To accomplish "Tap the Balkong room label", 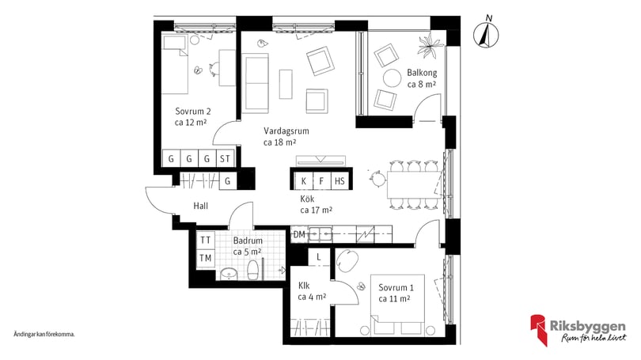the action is (422, 73).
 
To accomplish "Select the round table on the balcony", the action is (392, 78).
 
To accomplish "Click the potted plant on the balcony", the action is (430, 45).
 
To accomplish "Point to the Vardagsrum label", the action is (286, 131).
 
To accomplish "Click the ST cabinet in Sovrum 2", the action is (225, 158).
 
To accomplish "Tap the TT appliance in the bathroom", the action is (206, 240).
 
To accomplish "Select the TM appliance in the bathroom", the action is (206, 258).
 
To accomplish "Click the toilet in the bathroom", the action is (253, 270).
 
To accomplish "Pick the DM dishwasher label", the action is (300, 234).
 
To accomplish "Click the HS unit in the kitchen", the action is (339, 181).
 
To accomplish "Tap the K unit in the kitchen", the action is (304, 181).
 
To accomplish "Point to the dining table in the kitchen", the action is (414, 184).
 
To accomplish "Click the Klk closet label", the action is (304, 286).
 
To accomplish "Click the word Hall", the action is (201, 206).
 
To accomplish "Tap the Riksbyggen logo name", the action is (587, 326).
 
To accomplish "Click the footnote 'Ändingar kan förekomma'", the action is (44, 334).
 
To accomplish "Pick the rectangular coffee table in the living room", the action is (286, 84).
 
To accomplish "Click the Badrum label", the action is (248, 241).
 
